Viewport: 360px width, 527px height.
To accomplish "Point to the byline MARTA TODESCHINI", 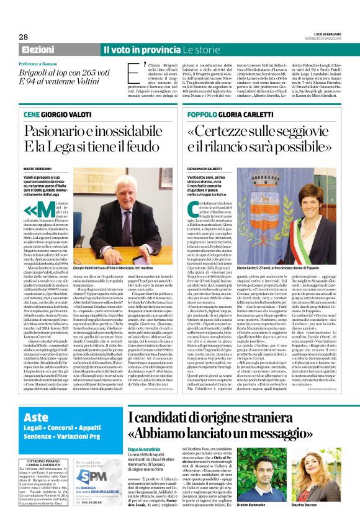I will pos(38,168).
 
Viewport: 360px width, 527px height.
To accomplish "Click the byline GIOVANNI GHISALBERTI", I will pos(205,168).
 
